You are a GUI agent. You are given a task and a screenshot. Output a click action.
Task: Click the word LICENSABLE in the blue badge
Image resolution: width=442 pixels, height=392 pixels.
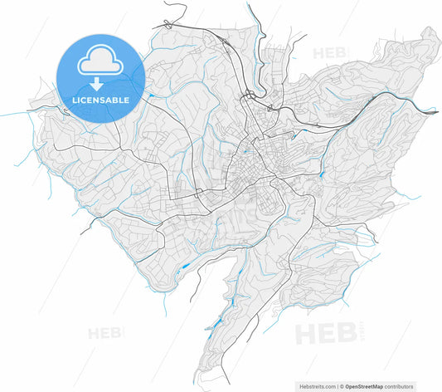coord(100,100)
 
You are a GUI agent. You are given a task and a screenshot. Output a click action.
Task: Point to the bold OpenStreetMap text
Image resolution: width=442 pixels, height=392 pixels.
coord(369,386)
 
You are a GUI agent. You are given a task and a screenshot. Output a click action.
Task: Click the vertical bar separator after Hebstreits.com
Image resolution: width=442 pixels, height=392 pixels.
coord(337,386)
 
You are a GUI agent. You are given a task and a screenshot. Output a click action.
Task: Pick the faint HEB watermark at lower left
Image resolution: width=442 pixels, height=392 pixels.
coord(105,333)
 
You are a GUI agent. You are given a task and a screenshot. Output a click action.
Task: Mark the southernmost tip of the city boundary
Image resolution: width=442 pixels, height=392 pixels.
coord(202,383)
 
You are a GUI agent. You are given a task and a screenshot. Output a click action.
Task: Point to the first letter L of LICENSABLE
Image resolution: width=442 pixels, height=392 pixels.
coord(75,100)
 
